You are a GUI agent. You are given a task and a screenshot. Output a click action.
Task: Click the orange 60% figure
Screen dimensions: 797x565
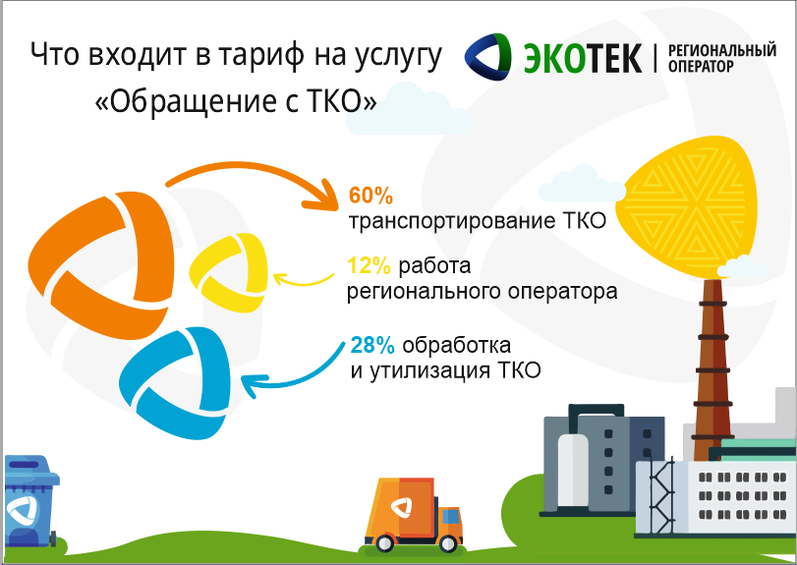(x=370, y=196)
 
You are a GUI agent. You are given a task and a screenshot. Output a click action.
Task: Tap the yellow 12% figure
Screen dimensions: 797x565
(x=370, y=265)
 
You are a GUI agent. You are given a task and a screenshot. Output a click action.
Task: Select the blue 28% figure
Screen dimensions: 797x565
(x=372, y=346)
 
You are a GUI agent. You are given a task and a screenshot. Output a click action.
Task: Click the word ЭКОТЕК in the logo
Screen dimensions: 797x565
(x=583, y=58)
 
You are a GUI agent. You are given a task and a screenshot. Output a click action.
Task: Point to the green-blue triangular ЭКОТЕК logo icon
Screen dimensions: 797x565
(x=488, y=57)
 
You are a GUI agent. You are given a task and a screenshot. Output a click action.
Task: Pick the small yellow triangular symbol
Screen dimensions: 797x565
(x=229, y=273)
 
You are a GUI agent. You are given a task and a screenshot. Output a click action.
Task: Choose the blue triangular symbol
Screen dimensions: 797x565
(x=175, y=382)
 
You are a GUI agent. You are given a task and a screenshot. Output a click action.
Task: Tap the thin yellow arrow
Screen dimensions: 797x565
(x=303, y=283)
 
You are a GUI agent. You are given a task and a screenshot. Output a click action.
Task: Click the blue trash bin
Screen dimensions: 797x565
(x=30, y=501)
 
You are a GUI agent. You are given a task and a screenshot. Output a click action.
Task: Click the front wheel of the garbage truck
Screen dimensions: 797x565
(x=448, y=544)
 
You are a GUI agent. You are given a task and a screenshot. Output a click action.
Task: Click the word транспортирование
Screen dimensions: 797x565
(x=452, y=221)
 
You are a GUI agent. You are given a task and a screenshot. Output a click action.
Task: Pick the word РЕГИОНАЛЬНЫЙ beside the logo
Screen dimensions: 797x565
(x=721, y=51)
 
